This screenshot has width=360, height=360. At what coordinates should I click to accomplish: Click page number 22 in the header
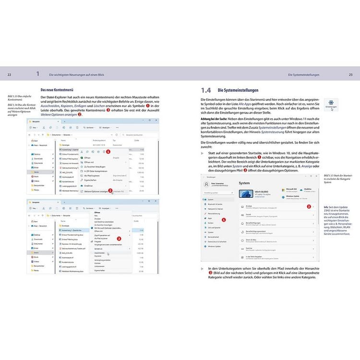click(10, 75)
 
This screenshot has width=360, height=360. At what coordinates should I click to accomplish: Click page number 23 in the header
click(350, 75)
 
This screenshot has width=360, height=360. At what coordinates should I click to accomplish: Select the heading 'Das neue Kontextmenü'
click(57, 90)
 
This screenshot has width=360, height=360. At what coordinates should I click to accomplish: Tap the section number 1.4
click(205, 90)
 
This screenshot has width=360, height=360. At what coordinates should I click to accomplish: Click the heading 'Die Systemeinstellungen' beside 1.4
click(238, 90)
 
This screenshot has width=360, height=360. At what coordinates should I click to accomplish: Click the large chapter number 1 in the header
click(38, 74)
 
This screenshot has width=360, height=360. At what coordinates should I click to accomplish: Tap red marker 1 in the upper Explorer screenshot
click(108, 151)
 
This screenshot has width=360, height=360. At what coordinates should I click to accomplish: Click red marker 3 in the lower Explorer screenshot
click(120, 238)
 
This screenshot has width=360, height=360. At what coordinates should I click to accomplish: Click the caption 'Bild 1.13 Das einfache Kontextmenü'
click(19, 98)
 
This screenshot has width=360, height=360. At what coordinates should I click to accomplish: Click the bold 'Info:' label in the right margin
click(326, 206)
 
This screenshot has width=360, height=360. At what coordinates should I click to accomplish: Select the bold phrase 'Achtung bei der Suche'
click(215, 118)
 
